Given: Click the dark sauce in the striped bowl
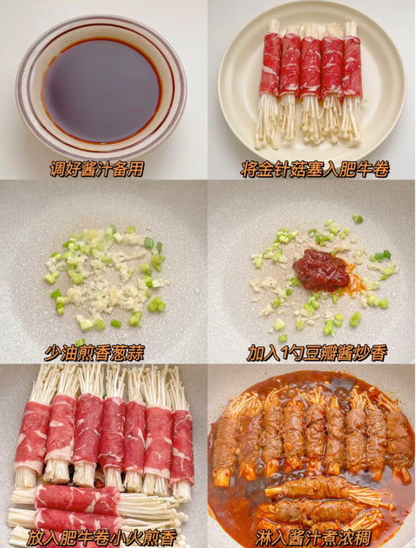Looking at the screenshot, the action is (101, 90).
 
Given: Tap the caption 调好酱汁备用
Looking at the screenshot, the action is (97, 169).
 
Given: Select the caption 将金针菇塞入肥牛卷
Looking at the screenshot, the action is (315, 169).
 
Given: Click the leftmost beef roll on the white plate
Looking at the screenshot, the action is (270, 64).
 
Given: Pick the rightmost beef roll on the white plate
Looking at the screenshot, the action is (352, 67).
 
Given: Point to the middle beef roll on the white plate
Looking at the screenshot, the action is (310, 67).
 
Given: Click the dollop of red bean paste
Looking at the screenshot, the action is (322, 270).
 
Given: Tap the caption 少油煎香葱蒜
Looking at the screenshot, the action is (94, 353).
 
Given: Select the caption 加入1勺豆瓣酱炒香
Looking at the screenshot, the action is (317, 353).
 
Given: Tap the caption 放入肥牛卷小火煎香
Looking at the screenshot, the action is (101, 538).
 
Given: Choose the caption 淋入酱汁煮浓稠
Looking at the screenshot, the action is (313, 538).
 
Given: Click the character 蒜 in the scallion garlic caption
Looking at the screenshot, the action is (135, 353).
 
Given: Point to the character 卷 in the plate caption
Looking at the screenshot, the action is (381, 169).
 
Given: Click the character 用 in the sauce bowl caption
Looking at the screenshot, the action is (136, 169).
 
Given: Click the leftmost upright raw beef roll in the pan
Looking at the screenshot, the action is (32, 438).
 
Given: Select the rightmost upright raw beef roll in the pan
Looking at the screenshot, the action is (182, 446).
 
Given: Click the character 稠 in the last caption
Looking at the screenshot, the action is (363, 538).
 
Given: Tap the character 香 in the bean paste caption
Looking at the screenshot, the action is (379, 353).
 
